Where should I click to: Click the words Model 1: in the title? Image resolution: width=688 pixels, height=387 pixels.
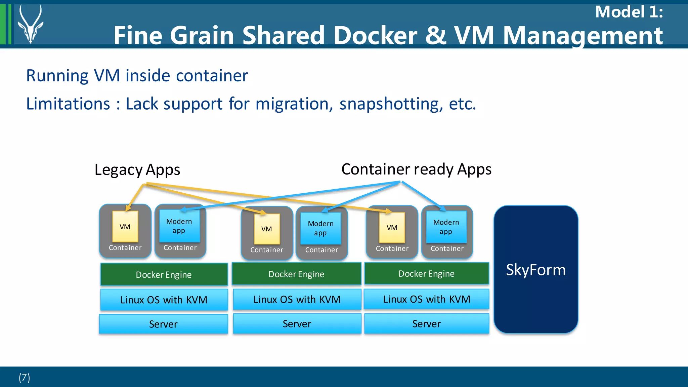(x=629, y=12)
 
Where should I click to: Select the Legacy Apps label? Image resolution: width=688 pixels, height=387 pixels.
(x=137, y=169)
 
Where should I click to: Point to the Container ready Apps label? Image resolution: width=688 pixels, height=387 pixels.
(x=416, y=169)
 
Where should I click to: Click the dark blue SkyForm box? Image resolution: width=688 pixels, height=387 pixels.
(x=536, y=269)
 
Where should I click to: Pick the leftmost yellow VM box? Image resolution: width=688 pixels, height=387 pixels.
(x=125, y=227)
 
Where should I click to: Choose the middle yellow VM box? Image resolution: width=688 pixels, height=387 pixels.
(x=267, y=229)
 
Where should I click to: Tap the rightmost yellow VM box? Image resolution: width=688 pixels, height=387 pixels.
(x=392, y=228)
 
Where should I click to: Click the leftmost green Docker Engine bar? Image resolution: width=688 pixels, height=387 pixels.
(x=164, y=275)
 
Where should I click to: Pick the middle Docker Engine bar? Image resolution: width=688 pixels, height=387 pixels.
(x=296, y=274)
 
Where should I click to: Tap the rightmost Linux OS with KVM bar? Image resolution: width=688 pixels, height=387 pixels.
(x=427, y=299)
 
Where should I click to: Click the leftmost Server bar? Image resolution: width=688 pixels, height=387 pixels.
(x=163, y=324)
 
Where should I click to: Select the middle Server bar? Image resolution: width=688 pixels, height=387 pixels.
(x=297, y=324)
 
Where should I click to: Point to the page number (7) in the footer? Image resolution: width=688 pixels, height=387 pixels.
(x=24, y=378)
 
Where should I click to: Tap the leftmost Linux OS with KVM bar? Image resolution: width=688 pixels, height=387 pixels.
(x=164, y=300)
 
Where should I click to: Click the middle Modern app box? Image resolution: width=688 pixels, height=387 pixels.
(x=321, y=228)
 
